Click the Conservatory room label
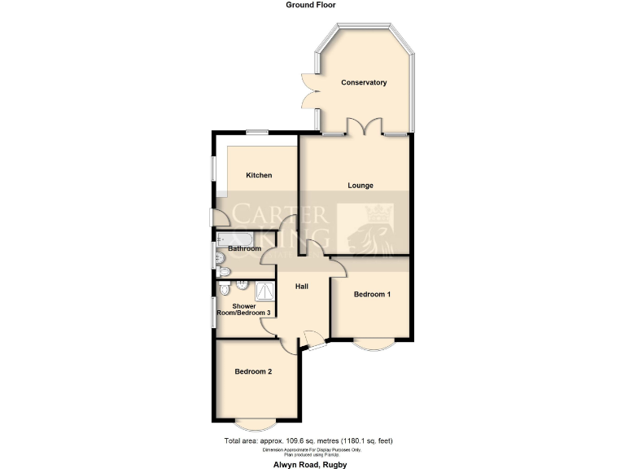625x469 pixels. (x=364, y=82)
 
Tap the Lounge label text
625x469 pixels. (x=361, y=186)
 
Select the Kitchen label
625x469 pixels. (x=259, y=175)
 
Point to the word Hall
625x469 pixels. (x=302, y=287)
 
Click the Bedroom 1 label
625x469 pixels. (x=372, y=294)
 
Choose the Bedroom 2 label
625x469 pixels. (x=253, y=371)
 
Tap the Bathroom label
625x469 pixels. (x=244, y=248)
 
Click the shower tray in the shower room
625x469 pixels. (x=264, y=290)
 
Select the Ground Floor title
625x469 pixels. (x=311, y=5)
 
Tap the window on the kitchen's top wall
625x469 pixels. (x=259, y=131)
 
